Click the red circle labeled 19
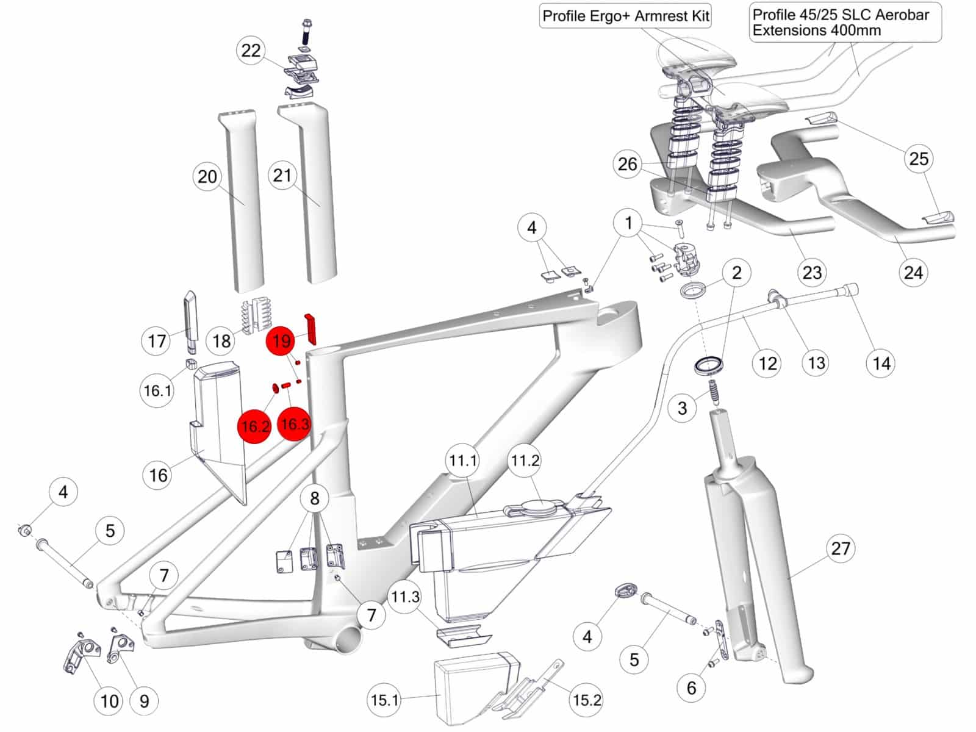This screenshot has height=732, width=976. click(x=281, y=341)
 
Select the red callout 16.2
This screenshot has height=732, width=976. click(x=254, y=426)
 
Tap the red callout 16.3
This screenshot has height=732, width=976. click(x=295, y=424)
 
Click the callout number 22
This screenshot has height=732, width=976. click(x=251, y=50)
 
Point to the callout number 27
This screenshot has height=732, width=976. click(x=841, y=548)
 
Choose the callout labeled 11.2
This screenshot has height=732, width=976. click(x=525, y=461)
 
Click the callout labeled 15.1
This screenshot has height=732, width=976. click(x=385, y=700)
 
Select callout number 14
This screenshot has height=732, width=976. click(x=881, y=363)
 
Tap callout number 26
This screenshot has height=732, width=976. click(x=628, y=164)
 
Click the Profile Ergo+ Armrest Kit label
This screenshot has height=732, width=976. click(x=625, y=16)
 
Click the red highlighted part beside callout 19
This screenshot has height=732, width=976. click(x=310, y=328)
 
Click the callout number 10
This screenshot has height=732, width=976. click(x=109, y=701)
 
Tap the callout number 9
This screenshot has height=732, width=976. click(x=144, y=701)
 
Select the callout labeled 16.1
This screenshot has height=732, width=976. click(x=157, y=390)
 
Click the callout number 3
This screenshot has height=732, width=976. click(x=683, y=407)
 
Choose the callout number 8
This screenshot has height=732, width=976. click(x=315, y=498)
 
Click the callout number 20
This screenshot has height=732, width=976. click(x=207, y=177)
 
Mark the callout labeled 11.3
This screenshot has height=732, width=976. click(x=404, y=597)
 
